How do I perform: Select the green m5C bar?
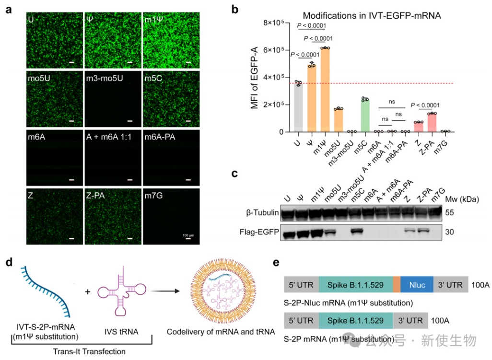click(x=365, y=115)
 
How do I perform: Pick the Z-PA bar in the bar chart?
click(x=432, y=122)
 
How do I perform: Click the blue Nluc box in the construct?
click(x=417, y=284)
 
